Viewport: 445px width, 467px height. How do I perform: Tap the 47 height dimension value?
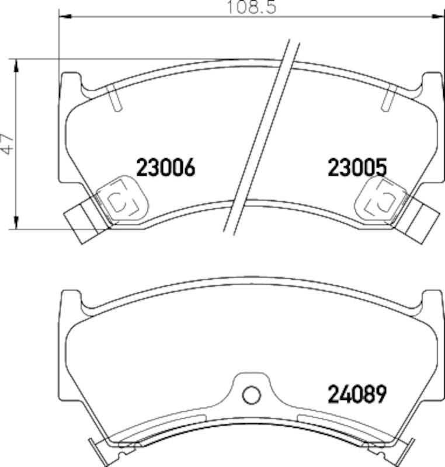pyautogui.click(x=8, y=144)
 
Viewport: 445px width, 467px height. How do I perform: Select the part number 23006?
pyautogui.click(x=165, y=169)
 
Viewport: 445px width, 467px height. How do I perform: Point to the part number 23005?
pyautogui.click(x=357, y=169)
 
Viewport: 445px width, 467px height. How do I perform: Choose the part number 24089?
pyautogui.click(x=357, y=395)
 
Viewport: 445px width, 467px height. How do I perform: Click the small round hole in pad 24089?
pyautogui.click(x=251, y=395)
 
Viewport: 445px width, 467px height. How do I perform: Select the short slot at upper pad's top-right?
pyautogui.click(x=388, y=97)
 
